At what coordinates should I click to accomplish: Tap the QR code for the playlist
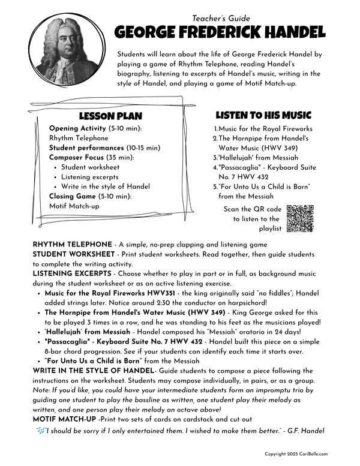tap(300, 218)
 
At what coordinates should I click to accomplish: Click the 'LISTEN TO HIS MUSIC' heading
tap(263, 115)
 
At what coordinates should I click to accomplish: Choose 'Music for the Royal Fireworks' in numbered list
tap(265, 129)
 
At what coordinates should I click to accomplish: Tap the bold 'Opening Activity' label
tap(76, 129)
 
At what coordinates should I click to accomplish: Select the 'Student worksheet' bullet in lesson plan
tap(90, 167)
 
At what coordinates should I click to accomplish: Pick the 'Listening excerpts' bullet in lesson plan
tap(90, 177)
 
